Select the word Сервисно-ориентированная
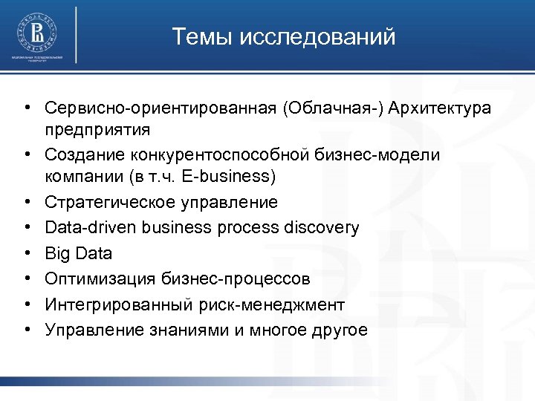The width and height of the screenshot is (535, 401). pos(160,108)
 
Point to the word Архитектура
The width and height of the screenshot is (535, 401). pos(445,108)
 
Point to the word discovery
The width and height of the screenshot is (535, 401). pos(321,227)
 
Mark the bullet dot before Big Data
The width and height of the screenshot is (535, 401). pos(27,253)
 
